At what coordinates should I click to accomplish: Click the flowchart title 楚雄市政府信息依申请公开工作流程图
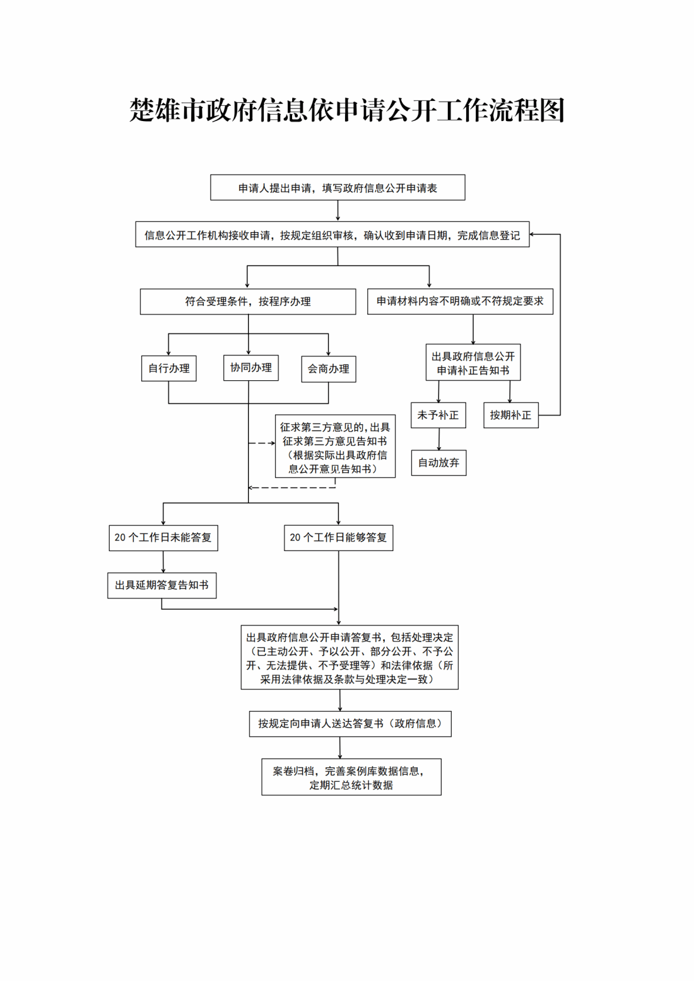coord(346,110)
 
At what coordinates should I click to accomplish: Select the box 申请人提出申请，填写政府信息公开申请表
coord(338,188)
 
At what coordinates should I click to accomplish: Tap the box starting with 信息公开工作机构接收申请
coord(332,235)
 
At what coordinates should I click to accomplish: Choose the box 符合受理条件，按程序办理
coord(247,301)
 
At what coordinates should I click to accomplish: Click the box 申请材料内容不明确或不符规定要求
coord(460,301)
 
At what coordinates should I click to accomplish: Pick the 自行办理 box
coord(168,368)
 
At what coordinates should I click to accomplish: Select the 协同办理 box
coord(250,368)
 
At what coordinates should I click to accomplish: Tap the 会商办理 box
coord(328,369)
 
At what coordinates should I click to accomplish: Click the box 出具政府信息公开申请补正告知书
coord(473,363)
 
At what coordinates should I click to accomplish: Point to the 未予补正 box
coord(438,415)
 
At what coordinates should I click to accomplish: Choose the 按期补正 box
coord(510,415)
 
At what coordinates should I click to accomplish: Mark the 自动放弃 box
coord(438,463)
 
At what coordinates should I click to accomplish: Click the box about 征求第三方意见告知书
coord(335,446)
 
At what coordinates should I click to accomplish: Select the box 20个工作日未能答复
coord(163,538)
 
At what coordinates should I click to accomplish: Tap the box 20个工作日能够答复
coord(338,538)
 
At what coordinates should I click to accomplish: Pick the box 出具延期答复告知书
coord(162,585)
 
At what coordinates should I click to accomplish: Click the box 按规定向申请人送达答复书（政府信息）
coord(350,724)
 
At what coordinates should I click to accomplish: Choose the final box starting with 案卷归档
coord(351,777)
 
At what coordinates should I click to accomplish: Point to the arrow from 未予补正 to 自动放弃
coord(439,439)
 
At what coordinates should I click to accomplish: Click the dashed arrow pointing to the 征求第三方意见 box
coord(262,443)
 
